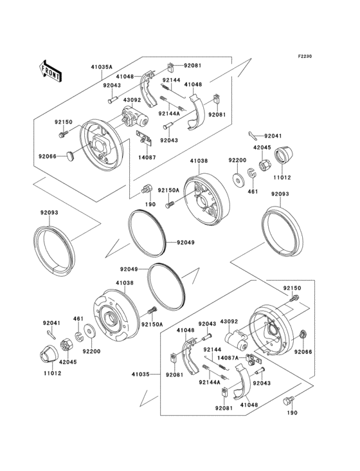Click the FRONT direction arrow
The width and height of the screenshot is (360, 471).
51,69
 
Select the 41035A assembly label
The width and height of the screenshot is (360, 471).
102,66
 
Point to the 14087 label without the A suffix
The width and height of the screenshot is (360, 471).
147,156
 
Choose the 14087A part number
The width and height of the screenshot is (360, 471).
230,358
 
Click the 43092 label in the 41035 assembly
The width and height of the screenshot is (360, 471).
230,320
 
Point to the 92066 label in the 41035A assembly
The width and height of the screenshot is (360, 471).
48,156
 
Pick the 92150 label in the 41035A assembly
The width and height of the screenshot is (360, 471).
63,121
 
